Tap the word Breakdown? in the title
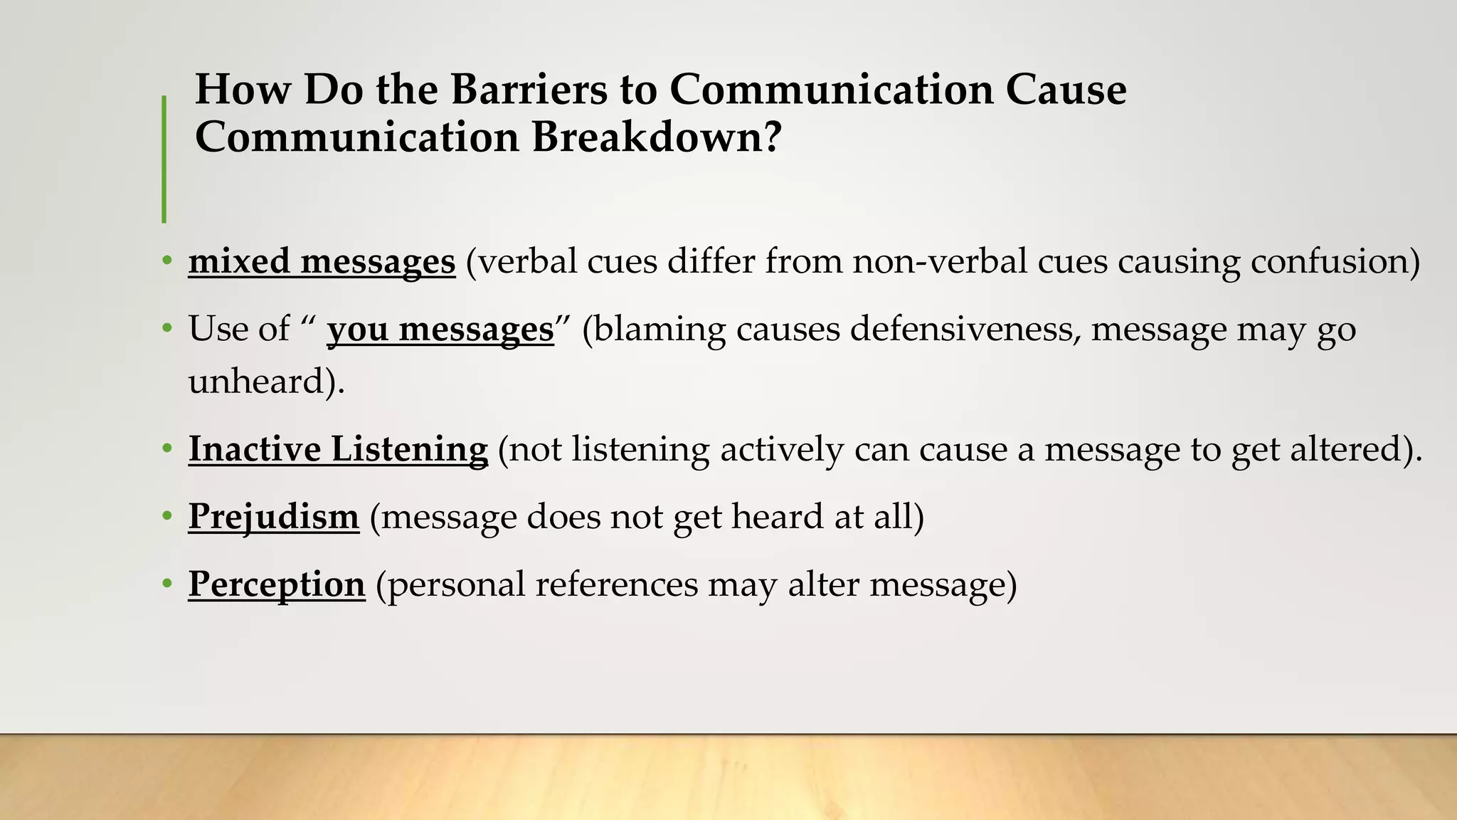point(656,137)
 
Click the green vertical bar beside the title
point(164,159)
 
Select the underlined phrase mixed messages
point(322,261)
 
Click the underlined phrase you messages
point(440,330)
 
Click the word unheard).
point(266,381)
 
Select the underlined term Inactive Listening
point(338,449)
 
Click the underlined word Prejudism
point(273,516)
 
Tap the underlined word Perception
point(276,584)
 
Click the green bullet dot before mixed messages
point(167,261)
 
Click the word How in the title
point(243,90)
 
